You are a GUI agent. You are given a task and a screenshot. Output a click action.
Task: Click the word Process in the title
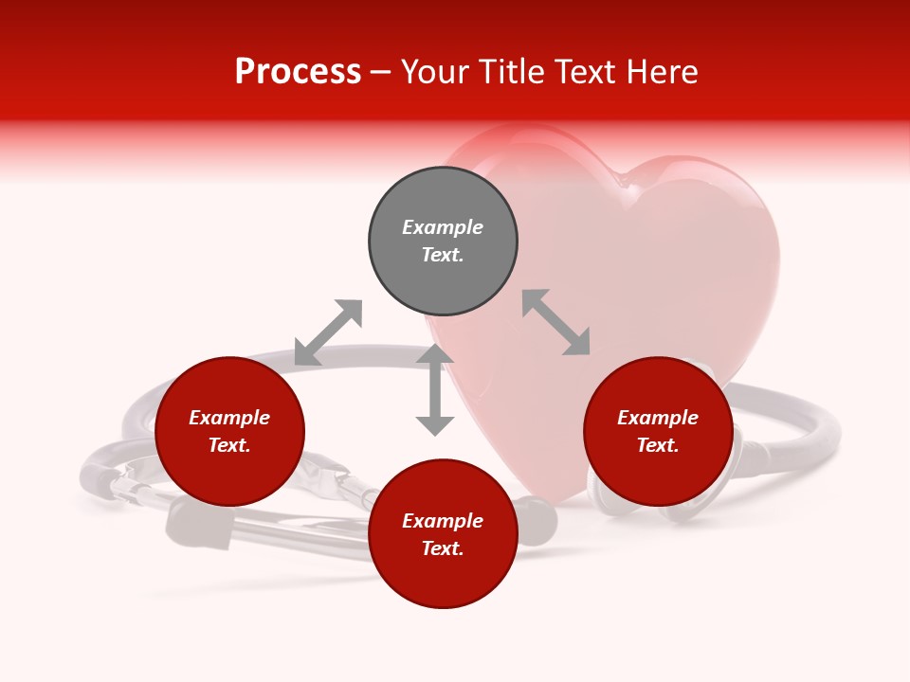298,72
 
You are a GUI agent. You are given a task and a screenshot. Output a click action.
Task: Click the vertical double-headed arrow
435,389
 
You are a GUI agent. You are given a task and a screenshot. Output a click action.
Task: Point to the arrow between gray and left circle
328,332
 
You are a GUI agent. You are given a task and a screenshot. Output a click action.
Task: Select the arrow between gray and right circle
555,322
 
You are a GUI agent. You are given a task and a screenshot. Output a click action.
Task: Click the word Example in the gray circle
443,227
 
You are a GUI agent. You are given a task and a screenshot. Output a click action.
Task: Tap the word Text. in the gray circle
443,255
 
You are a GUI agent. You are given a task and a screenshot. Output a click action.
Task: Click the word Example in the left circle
229,418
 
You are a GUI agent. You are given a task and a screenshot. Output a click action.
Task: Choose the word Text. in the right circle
658,445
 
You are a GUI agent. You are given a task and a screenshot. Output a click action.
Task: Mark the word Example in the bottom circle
443,521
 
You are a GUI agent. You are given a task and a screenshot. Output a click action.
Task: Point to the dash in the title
381,72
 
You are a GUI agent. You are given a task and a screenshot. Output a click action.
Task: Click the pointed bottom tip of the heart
559,497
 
